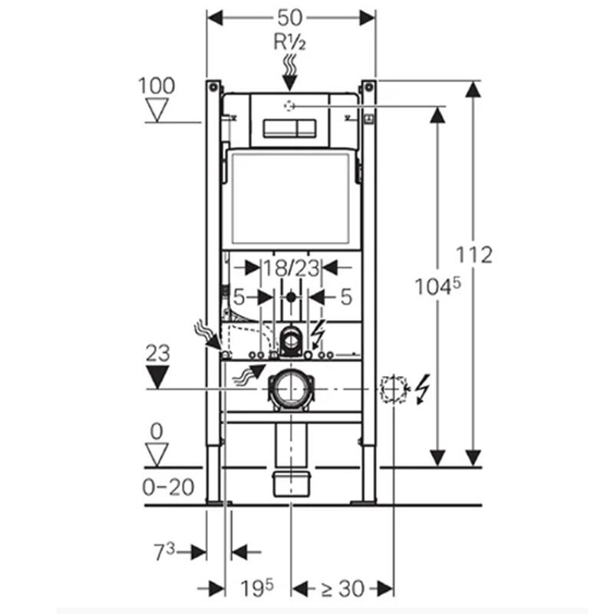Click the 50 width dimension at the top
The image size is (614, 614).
pyautogui.click(x=290, y=18)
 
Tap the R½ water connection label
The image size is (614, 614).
pyautogui.click(x=290, y=41)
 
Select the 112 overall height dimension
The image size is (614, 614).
pyautogui.click(x=474, y=255)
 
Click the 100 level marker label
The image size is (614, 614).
pyautogui.click(x=157, y=86)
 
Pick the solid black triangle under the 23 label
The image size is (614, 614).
pyautogui.click(x=157, y=377)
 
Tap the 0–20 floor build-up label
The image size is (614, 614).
pyautogui.click(x=168, y=487)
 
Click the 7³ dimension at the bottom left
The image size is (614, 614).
pyautogui.click(x=164, y=552)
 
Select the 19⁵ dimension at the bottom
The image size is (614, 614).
pyautogui.click(x=257, y=588)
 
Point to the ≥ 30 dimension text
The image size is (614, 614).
pyautogui.click(x=342, y=589)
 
